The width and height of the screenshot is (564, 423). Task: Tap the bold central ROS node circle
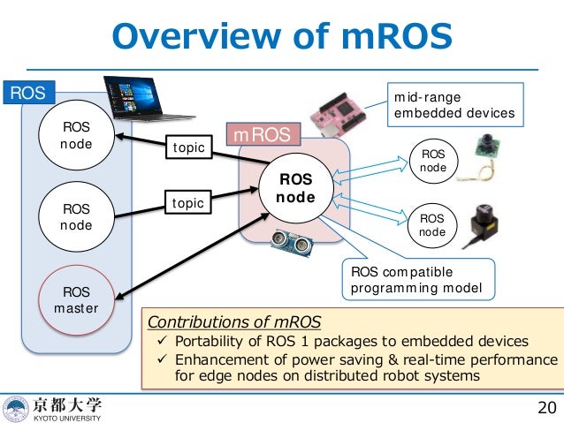296,187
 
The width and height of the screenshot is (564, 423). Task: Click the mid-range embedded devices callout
453,105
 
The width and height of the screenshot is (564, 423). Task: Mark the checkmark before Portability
164,342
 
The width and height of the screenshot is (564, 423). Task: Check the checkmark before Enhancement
164,360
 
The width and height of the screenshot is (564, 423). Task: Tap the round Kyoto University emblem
16,408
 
